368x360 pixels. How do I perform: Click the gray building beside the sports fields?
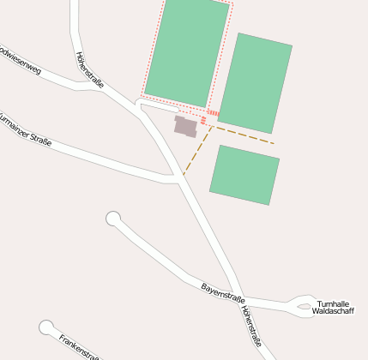point(186,127)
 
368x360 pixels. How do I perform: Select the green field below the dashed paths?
point(244,174)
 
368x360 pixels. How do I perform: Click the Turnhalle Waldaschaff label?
point(332,308)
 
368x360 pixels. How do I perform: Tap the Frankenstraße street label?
point(79,346)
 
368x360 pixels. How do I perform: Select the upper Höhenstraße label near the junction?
point(89,70)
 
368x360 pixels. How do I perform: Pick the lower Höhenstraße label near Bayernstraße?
point(251,325)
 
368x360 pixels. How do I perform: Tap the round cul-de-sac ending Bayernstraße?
point(113,219)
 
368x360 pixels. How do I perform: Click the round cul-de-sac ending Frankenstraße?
point(47,327)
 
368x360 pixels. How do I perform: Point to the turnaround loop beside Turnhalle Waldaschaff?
point(304,304)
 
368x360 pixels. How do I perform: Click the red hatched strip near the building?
point(213,113)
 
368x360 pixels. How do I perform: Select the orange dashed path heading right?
point(244,135)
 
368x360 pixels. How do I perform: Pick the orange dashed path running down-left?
point(196,153)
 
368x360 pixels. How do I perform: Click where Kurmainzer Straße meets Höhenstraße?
point(177,178)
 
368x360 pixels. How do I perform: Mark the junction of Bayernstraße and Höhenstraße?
point(238,296)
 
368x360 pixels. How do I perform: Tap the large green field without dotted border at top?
point(255,82)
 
